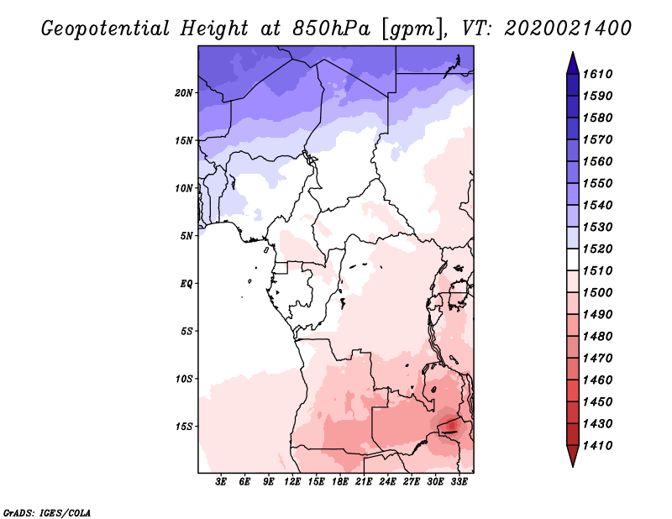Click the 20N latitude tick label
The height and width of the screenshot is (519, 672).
(184, 93)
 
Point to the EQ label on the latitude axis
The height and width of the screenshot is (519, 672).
(186, 284)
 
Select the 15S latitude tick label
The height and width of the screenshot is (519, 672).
(184, 427)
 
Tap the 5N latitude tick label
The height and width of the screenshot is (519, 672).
(186, 236)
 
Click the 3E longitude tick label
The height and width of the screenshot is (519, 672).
(221, 482)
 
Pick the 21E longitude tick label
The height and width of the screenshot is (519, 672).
(364, 482)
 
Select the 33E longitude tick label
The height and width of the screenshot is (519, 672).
(459, 482)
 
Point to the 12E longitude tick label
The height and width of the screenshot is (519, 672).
(292, 482)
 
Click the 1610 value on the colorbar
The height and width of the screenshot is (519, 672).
(597, 74)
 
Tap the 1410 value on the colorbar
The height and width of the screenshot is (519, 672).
(597, 446)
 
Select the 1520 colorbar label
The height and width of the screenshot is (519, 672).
(597, 249)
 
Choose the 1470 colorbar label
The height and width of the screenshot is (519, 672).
(597, 359)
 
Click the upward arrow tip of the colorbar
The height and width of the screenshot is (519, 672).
(573, 52)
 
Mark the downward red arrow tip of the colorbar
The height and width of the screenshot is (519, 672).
(573, 467)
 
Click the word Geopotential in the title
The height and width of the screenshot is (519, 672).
(105, 29)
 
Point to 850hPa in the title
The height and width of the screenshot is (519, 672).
(331, 29)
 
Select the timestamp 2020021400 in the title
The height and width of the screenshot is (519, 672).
(568, 29)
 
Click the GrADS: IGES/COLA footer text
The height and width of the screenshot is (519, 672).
(47, 513)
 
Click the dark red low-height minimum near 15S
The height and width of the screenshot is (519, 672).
(452, 426)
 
